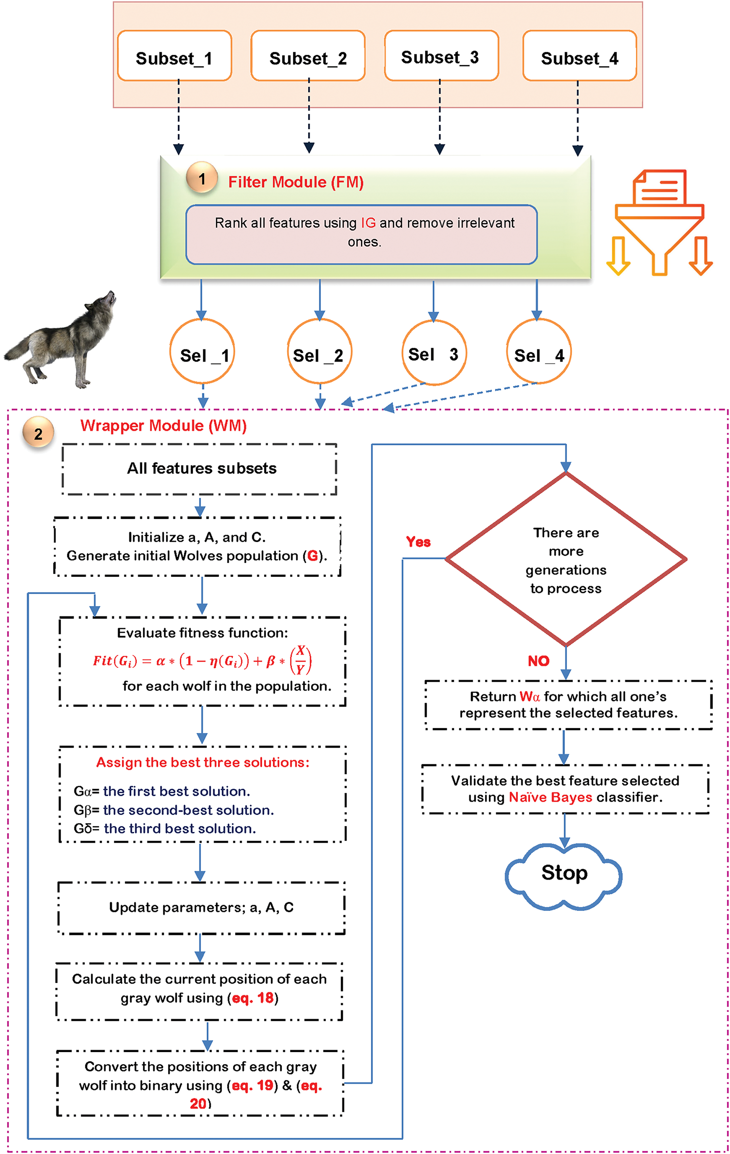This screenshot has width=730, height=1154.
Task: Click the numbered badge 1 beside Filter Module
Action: (x=202, y=178)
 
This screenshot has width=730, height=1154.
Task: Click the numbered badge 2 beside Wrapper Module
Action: (x=38, y=433)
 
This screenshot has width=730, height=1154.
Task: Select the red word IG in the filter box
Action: (x=368, y=223)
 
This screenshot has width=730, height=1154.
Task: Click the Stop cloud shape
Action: (x=563, y=874)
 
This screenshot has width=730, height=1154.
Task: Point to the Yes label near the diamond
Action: (x=418, y=541)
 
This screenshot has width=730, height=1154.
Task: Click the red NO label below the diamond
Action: (x=538, y=661)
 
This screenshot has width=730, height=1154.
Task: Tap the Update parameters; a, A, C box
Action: (x=201, y=908)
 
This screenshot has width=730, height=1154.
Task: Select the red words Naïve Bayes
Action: (x=550, y=797)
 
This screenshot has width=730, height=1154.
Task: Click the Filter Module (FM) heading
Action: (x=296, y=182)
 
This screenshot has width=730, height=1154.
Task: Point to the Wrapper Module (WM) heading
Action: (x=163, y=425)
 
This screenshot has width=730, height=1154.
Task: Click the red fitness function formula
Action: (x=202, y=661)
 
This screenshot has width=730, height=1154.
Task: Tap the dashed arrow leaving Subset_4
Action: (x=578, y=118)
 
